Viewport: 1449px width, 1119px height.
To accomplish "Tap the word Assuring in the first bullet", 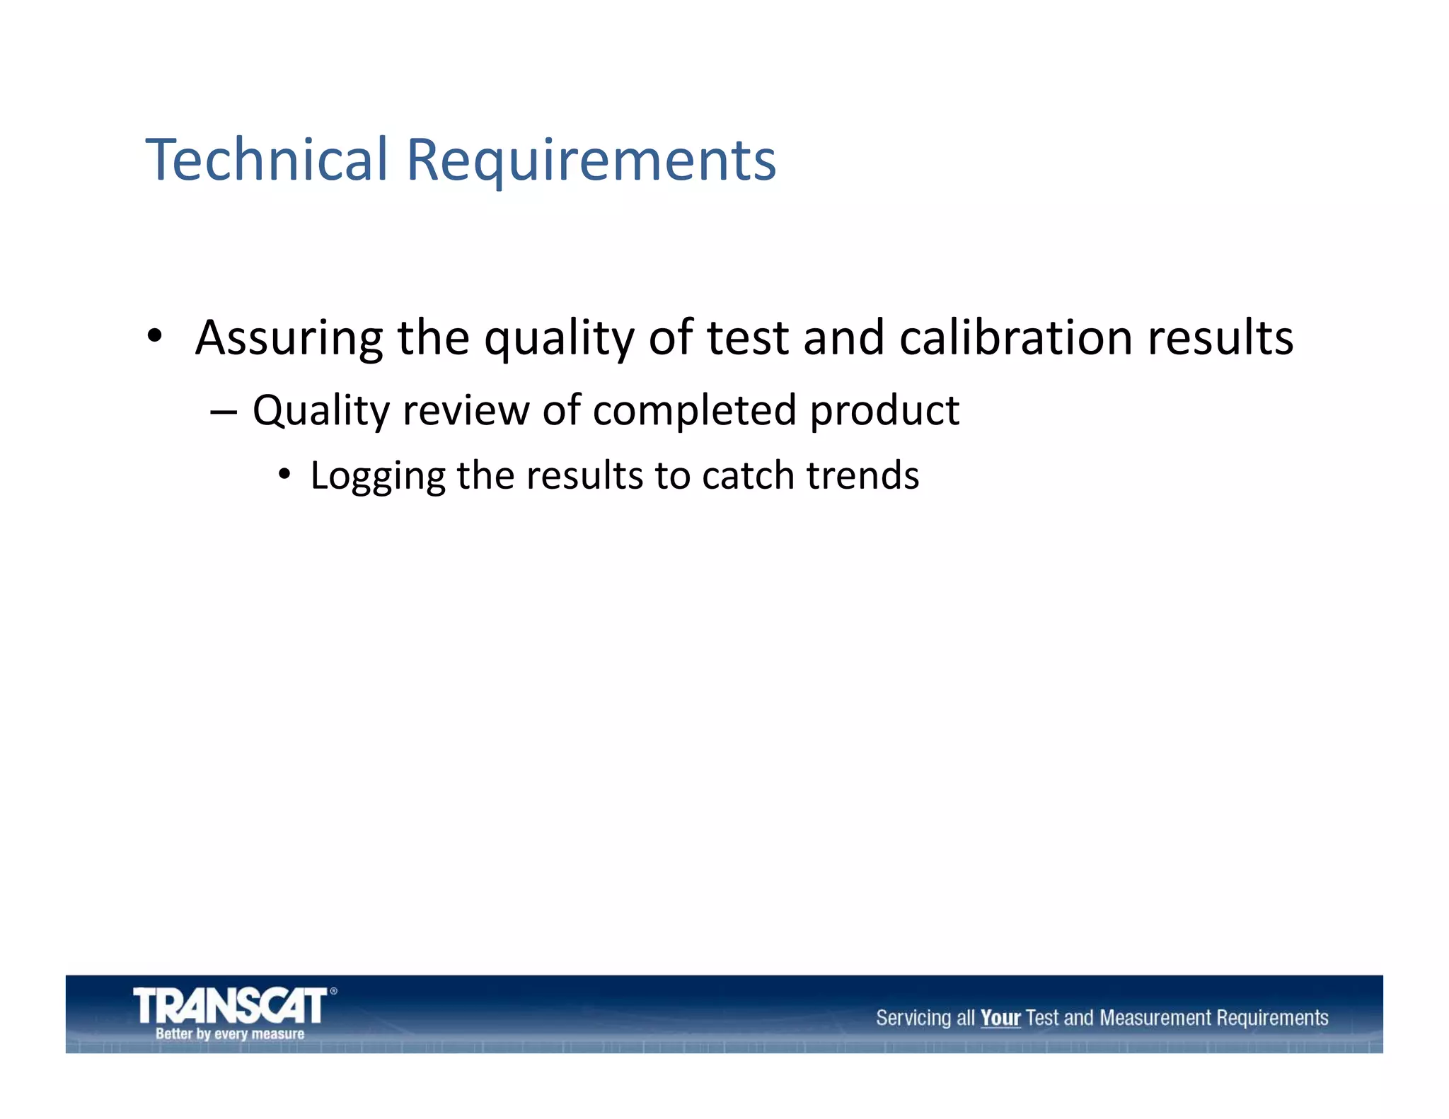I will click(x=288, y=338).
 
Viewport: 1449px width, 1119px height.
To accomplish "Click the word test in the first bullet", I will click(x=747, y=338).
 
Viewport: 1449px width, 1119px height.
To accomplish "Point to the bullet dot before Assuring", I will click(x=155, y=336).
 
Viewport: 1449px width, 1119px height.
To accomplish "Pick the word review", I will click(x=465, y=410).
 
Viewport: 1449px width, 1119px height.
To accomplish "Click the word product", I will click(x=884, y=412).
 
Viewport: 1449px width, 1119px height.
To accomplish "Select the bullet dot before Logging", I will click(x=284, y=475).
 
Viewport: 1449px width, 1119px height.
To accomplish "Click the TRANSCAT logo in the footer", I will click(x=230, y=1005).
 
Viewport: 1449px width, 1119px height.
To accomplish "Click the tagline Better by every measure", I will click(x=230, y=1033).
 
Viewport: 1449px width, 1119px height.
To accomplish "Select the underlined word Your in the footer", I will click(x=1000, y=1018).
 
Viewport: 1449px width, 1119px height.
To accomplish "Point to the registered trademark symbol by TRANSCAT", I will click(x=333, y=991).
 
